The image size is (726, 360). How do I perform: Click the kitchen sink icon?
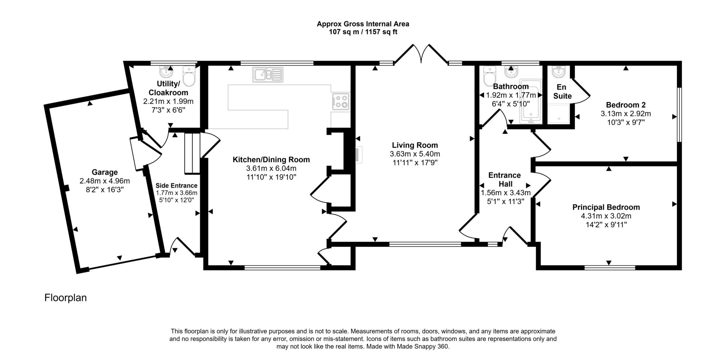tap(268, 74)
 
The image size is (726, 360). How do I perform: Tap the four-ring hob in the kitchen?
tap(341, 101)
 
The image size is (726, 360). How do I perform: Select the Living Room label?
tap(415, 145)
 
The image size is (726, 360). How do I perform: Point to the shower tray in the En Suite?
tap(559, 113)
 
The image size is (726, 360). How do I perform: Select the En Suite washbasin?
tap(558, 72)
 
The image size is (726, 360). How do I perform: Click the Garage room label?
tap(105, 172)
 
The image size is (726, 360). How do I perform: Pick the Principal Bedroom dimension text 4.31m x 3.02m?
tap(606, 216)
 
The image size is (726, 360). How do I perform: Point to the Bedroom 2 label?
tap(626, 105)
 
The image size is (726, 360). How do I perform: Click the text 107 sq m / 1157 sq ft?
tap(363, 32)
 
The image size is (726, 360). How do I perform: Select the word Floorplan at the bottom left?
tap(66, 298)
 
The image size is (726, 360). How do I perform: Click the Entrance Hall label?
tap(504, 180)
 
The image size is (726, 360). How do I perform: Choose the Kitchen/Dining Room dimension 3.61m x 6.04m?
tap(271, 168)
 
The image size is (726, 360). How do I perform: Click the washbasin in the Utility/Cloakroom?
tap(166, 72)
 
